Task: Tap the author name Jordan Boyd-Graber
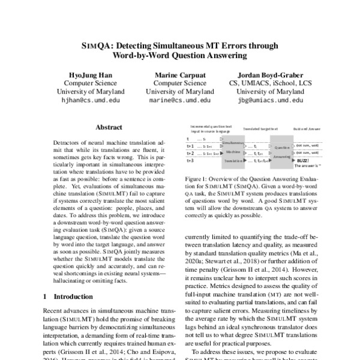click(x=267, y=73)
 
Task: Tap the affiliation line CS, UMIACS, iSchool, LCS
click(x=267, y=82)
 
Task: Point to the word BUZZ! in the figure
click(x=302, y=161)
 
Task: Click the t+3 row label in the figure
click(x=190, y=161)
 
